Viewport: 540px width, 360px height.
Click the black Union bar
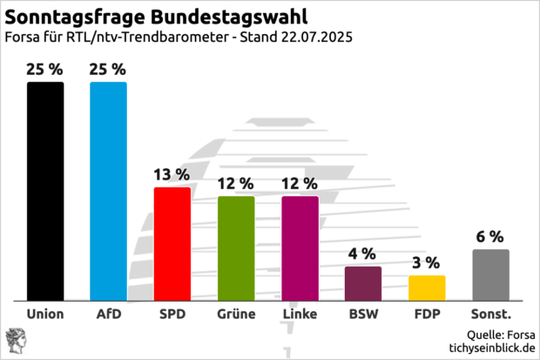[x=44, y=191]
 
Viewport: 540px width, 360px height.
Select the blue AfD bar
[x=108, y=191]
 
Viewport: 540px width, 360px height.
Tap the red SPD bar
[x=172, y=243]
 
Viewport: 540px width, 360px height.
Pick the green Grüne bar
[x=236, y=248]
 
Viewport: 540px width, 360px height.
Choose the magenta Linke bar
[x=300, y=248]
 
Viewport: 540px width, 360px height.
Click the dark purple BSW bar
[x=363, y=282]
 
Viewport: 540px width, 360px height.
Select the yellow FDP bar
[x=427, y=288]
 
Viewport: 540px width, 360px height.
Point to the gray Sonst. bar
[x=490, y=275]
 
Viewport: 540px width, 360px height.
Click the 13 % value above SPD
[x=172, y=174]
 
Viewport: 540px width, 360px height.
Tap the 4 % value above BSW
[x=363, y=254]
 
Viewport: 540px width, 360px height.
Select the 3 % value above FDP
[x=427, y=262]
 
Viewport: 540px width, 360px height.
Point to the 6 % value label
[x=490, y=236]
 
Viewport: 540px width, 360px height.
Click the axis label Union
[x=44, y=314]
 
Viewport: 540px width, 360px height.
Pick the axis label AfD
[x=108, y=314]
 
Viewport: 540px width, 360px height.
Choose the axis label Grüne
[x=236, y=314]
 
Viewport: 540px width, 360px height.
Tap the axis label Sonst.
[x=490, y=314]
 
